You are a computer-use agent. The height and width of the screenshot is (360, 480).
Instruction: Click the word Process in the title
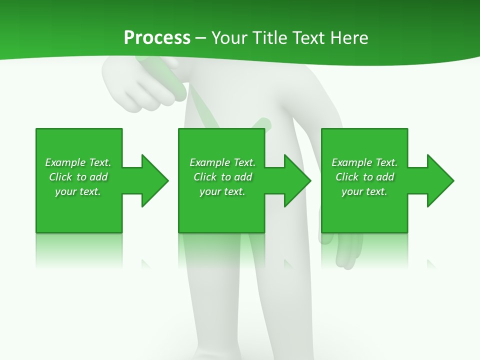point(157,38)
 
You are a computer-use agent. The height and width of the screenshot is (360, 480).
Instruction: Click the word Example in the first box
point(65,162)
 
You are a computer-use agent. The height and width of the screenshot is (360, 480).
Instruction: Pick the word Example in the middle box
point(209,162)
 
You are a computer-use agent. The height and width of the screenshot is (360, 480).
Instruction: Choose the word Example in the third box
point(351,162)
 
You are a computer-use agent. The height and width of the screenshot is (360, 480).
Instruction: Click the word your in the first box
point(65,191)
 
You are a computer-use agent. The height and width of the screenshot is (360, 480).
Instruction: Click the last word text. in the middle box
point(234,191)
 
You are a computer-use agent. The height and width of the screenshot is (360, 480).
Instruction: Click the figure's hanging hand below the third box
point(347,250)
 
